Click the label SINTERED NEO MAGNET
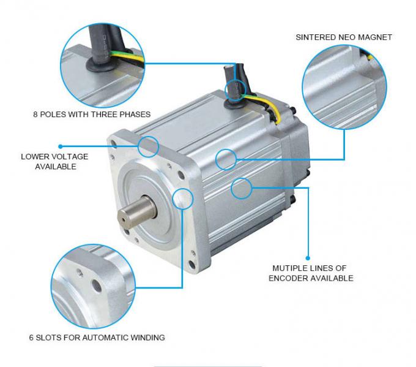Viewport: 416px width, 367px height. pos(344,37)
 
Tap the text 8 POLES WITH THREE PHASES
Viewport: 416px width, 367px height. pos(91,114)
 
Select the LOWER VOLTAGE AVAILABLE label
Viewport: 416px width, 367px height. pos(54,161)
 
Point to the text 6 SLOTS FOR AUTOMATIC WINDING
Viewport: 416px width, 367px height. pos(97,337)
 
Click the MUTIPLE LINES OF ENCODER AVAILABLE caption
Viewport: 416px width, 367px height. pos(313,273)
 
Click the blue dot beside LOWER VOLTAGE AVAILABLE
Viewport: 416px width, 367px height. pos(61,146)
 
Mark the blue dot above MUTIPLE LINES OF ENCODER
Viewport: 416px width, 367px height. pos(308,258)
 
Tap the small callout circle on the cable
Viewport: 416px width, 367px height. pos(235,91)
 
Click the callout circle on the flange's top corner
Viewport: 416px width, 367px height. pos(149,146)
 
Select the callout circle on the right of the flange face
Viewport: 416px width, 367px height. pos(183,199)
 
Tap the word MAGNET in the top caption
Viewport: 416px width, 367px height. pos(376,37)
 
